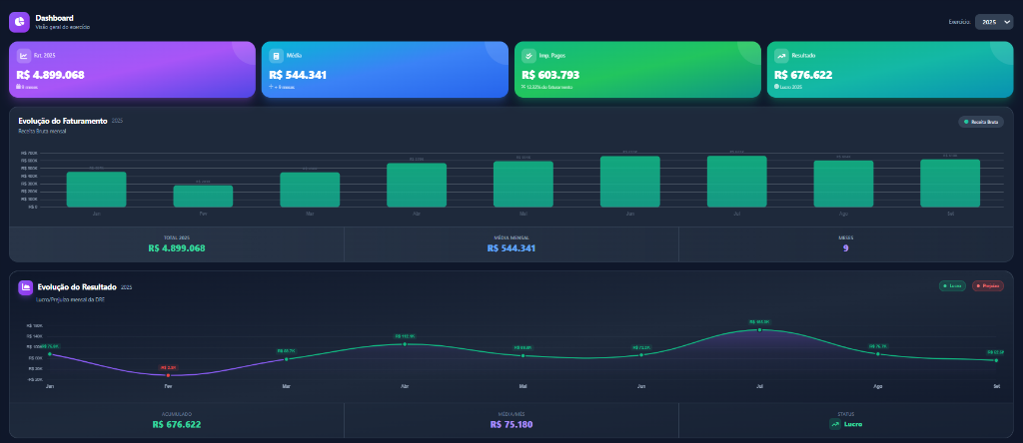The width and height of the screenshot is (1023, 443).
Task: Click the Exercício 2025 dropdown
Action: coord(993,21)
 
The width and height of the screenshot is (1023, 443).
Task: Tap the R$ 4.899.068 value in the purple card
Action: coord(51,75)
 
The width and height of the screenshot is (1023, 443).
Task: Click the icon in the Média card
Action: coord(275,56)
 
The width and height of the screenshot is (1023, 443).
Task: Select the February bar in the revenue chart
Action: coord(203,196)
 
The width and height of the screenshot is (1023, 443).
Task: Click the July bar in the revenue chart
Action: coord(736,182)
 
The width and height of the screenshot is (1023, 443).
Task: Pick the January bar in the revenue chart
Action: coord(96,189)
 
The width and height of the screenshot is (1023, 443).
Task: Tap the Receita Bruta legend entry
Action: coord(980,122)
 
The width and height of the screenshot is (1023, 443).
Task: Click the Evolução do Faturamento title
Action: coord(63,121)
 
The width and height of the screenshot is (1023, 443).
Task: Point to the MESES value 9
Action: coord(845,248)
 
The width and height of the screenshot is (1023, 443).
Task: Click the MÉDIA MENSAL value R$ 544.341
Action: coord(511,248)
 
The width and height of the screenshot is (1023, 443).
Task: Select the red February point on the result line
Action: coord(168,375)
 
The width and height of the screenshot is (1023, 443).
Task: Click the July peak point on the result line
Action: coord(759,329)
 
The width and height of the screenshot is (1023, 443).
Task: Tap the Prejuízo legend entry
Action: coord(987,286)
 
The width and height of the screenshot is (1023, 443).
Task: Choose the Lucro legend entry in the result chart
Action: coord(953,286)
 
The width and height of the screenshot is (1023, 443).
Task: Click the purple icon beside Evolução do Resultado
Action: coord(25,287)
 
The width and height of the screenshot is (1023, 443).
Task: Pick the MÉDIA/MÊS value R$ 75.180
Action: coord(511,424)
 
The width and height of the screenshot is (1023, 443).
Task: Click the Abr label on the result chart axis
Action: coord(405,386)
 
